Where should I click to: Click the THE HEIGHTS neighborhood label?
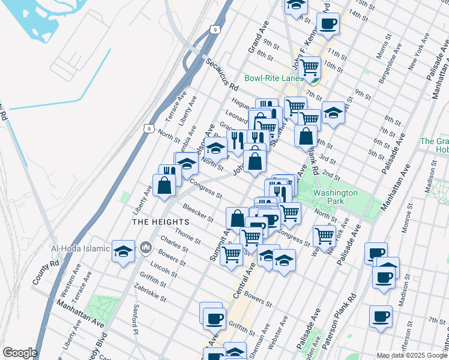click(x=157, y=221)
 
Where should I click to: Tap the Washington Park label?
click(x=336, y=197)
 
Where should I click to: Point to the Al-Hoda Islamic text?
click(x=81, y=248)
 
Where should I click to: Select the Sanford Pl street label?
click(x=136, y=321)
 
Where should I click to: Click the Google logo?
click(x=20, y=353)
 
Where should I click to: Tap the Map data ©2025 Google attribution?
click(x=411, y=355)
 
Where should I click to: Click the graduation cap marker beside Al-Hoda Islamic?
click(x=123, y=251)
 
